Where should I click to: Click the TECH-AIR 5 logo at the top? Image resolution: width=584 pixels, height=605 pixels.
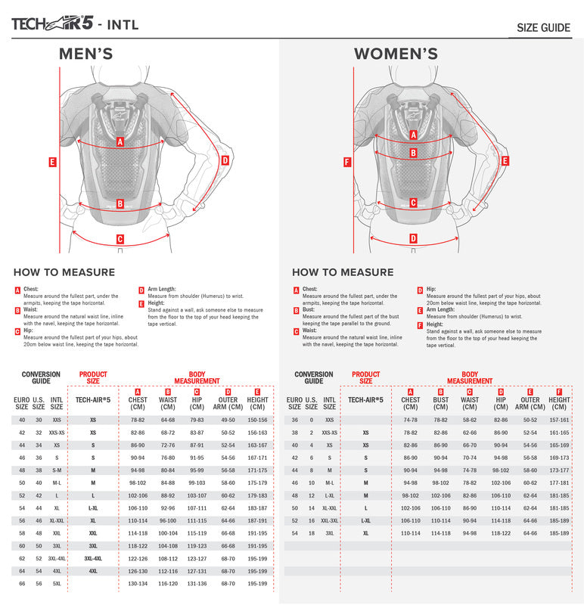[x=52, y=22]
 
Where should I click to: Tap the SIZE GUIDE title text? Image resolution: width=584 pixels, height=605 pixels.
[x=543, y=28]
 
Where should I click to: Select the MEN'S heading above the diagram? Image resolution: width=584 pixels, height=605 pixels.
[x=86, y=54]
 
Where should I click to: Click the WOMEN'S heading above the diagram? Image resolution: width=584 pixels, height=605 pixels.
[x=396, y=54]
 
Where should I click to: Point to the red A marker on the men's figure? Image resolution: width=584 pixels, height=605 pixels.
[x=120, y=141]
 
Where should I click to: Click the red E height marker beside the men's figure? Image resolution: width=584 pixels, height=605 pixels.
[x=52, y=161]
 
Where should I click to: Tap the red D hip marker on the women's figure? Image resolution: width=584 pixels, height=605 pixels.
[x=413, y=238]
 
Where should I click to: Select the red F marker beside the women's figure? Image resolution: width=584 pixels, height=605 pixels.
[x=347, y=162]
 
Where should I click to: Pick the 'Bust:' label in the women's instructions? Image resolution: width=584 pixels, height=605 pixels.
[x=309, y=309]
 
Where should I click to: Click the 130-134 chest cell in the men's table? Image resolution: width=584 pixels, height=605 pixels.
[x=138, y=584]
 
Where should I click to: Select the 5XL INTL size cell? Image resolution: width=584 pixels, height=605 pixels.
[x=57, y=584]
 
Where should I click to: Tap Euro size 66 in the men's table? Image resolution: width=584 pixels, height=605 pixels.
[x=22, y=584]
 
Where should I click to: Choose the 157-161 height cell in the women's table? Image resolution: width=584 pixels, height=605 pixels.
[x=560, y=420]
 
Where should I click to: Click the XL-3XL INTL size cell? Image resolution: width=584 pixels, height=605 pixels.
[x=329, y=521]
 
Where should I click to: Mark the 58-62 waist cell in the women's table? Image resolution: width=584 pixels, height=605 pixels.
[x=470, y=420]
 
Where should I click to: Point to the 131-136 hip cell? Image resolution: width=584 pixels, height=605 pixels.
[x=197, y=584]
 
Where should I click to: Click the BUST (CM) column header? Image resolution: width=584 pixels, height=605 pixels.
[x=440, y=404]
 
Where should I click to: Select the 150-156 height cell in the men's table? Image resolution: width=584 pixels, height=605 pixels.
[x=257, y=420]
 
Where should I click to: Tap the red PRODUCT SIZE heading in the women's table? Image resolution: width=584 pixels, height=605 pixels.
[x=365, y=377]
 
